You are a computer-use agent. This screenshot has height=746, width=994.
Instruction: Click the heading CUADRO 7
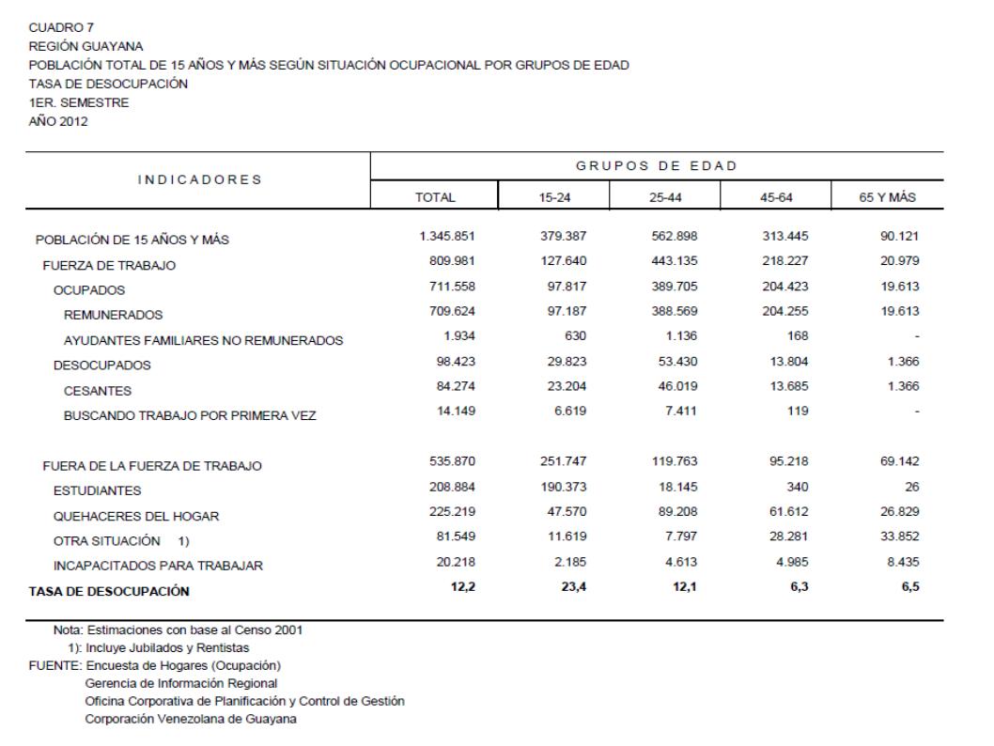coord(53,27)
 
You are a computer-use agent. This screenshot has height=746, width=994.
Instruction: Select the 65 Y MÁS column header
coord(887,198)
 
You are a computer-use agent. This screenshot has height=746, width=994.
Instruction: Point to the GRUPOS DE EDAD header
coord(656,166)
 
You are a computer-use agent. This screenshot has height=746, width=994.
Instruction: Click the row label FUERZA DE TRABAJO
coord(109,266)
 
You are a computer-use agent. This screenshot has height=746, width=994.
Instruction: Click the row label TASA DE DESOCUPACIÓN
coord(109,592)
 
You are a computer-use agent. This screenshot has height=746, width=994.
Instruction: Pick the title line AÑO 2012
coord(59,121)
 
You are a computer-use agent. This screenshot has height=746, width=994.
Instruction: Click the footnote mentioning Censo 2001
coord(181,629)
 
